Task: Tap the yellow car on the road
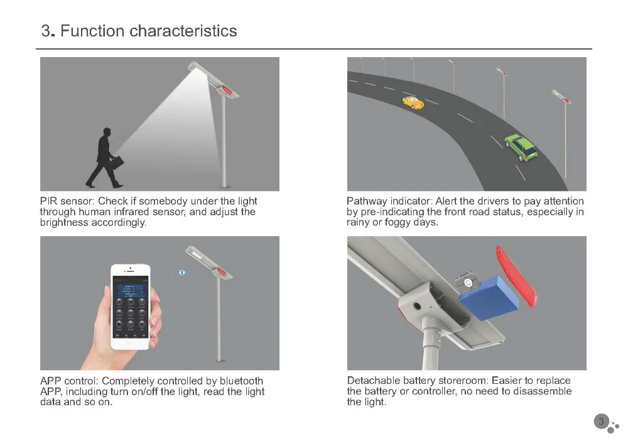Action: coord(413,102)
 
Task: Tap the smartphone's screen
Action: coord(130,308)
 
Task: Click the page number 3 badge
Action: coord(601,422)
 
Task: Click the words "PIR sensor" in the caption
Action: coord(65,201)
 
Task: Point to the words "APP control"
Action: coord(68,381)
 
